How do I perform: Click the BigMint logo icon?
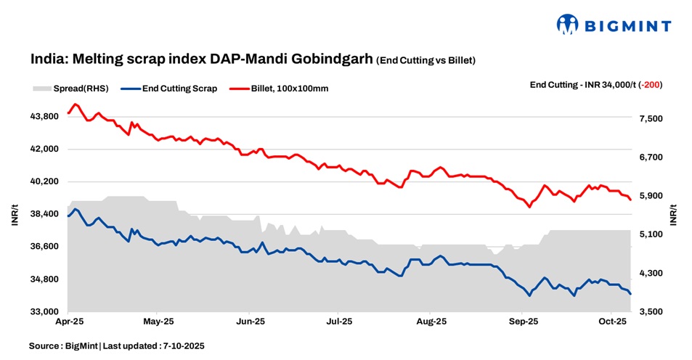(x=568, y=25)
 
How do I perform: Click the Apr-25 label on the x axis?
(x=68, y=321)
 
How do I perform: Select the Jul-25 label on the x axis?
(x=340, y=321)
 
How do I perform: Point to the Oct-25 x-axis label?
(x=611, y=321)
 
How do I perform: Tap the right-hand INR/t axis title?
(x=674, y=214)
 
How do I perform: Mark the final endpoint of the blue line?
(x=630, y=294)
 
